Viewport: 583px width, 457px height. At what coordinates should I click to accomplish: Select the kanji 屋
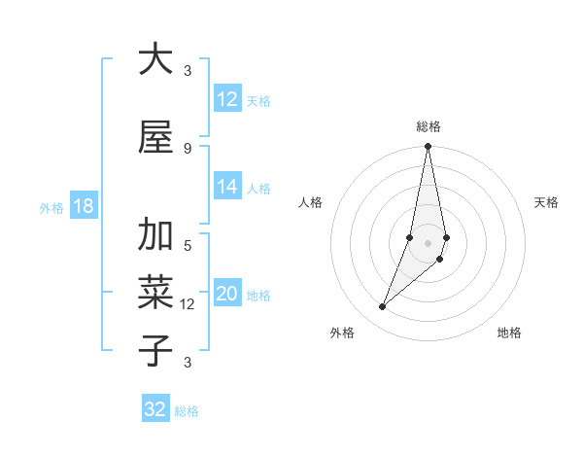(155, 136)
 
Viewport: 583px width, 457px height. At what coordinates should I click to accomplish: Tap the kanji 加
(155, 235)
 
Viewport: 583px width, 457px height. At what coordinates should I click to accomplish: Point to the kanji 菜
(155, 293)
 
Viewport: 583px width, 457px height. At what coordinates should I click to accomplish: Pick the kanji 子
(155, 350)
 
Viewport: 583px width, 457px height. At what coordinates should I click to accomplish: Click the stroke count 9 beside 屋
(188, 148)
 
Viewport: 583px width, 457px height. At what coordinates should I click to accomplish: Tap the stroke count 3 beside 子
(188, 363)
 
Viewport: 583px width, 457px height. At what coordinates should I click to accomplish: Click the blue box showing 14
(227, 187)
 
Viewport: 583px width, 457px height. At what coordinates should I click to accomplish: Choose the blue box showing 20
(227, 295)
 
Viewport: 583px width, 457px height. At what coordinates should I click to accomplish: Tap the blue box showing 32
(155, 409)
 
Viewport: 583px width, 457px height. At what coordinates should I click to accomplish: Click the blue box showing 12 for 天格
(227, 99)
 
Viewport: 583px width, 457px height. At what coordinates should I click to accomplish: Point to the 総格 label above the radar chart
(429, 126)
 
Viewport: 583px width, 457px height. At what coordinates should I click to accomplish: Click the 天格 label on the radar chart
(546, 202)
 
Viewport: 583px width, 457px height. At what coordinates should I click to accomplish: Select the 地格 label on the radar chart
(509, 333)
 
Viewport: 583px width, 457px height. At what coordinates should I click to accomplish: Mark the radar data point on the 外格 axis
(382, 307)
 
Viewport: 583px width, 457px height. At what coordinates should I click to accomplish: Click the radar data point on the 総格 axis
(428, 147)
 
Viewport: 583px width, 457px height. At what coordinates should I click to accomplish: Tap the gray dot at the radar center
(428, 243)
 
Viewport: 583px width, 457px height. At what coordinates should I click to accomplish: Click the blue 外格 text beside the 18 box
(51, 207)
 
